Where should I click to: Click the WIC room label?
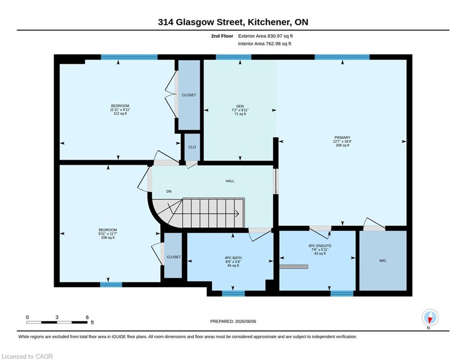(x=383, y=261)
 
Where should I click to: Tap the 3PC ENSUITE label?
(x=320, y=246)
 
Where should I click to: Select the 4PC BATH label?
(x=233, y=258)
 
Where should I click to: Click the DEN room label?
(x=240, y=106)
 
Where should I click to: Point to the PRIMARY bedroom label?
(x=342, y=137)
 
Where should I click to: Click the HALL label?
(x=230, y=181)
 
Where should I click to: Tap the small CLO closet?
(x=192, y=147)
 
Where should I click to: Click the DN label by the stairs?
(x=169, y=191)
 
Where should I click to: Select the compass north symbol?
(x=430, y=318)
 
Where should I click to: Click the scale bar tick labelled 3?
(x=57, y=317)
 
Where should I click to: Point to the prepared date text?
(x=233, y=321)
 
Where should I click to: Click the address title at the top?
(x=233, y=22)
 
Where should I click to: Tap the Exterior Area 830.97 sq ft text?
(x=266, y=36)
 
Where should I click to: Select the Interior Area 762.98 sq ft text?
(x=265, y=44)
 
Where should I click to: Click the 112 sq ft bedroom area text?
(x=120, y=113)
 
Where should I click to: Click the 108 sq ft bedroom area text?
(x=108, y=237)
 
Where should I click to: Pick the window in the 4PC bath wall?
(x=233, y=293)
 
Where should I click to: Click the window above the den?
(x=234, y=57)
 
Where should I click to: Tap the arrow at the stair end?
(x=237, y=213)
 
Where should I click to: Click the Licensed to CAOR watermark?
(x=27, y=356)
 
